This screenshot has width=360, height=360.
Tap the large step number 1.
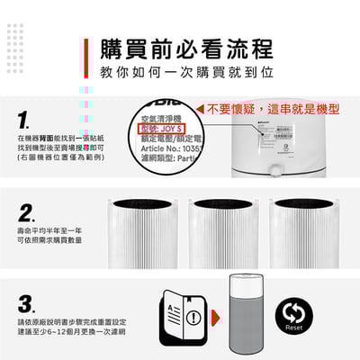(26, 120)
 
